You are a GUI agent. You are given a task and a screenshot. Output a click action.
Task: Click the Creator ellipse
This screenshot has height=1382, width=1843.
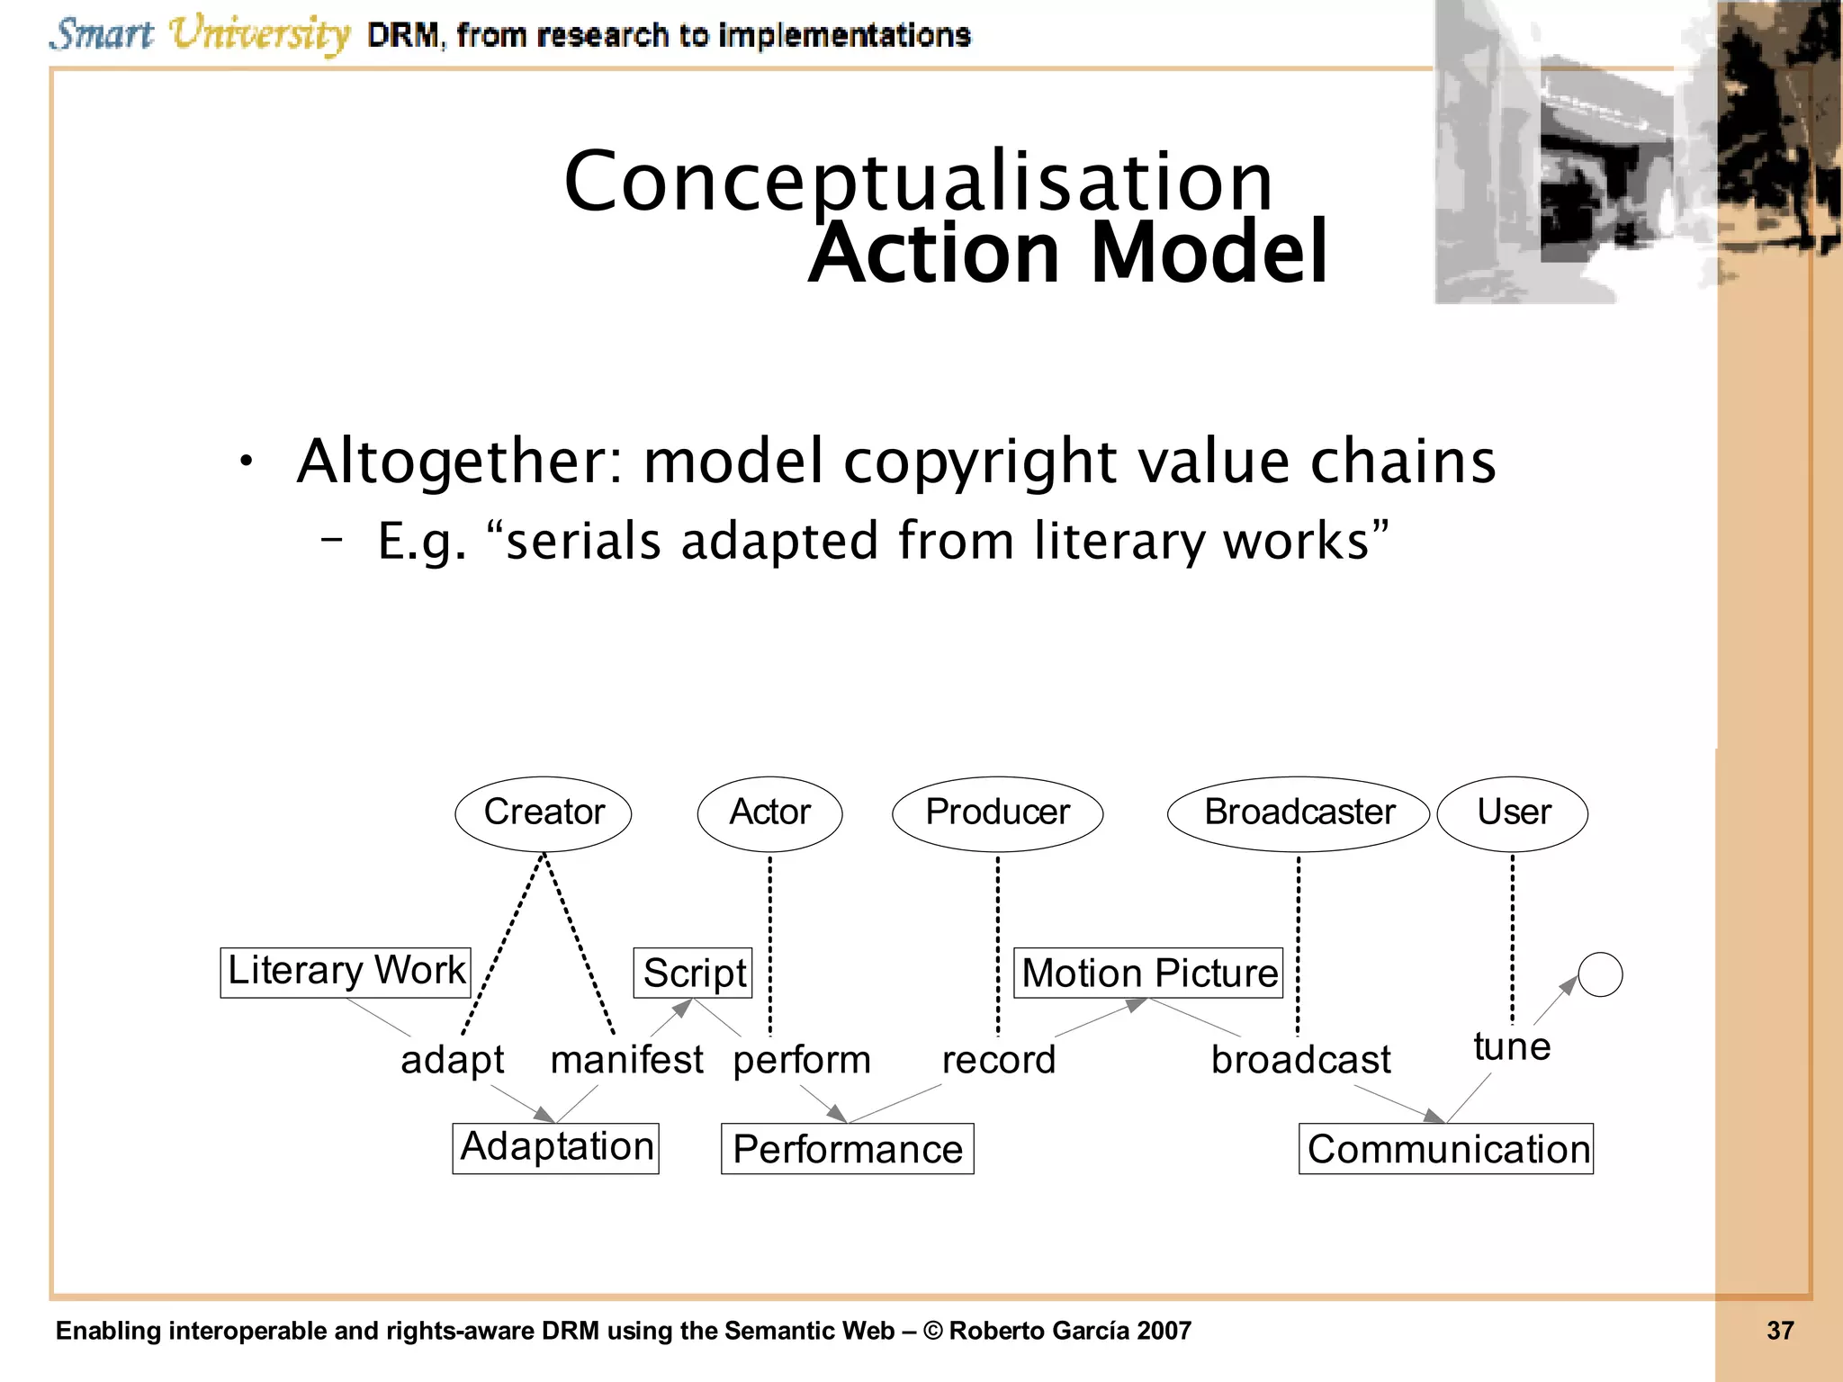544,813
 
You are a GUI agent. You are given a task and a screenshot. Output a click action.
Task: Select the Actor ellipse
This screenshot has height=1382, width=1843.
769,813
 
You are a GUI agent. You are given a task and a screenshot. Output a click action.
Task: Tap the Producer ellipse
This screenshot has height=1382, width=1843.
997,813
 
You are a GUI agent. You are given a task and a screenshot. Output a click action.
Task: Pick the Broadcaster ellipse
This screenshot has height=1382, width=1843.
1298,813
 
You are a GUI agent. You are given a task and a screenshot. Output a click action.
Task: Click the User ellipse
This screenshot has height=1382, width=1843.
1513,813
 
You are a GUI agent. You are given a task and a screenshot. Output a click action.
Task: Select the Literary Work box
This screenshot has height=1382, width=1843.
346,972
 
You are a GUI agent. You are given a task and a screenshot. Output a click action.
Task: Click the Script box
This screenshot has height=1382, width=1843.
693,974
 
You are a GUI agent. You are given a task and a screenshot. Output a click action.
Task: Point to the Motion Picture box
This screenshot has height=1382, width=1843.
1148,974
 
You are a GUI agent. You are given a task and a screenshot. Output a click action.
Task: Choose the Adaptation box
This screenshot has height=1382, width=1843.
556,1148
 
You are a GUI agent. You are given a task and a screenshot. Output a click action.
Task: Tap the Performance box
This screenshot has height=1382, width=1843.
847,1150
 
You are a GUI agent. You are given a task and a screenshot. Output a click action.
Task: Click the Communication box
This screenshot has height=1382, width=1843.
1446,1150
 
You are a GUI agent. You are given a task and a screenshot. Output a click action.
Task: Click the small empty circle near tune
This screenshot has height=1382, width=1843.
1600,974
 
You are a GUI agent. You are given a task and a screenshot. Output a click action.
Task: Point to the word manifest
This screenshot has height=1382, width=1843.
626,1060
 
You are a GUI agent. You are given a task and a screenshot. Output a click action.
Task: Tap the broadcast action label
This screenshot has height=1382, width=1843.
1300,1060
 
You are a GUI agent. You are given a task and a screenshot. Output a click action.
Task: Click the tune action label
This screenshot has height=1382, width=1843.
1512,1047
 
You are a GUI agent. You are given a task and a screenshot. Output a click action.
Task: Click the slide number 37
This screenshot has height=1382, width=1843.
1779,1331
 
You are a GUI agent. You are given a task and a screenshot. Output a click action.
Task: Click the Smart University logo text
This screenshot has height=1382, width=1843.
200,34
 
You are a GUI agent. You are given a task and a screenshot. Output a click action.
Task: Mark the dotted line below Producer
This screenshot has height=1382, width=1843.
998,945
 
